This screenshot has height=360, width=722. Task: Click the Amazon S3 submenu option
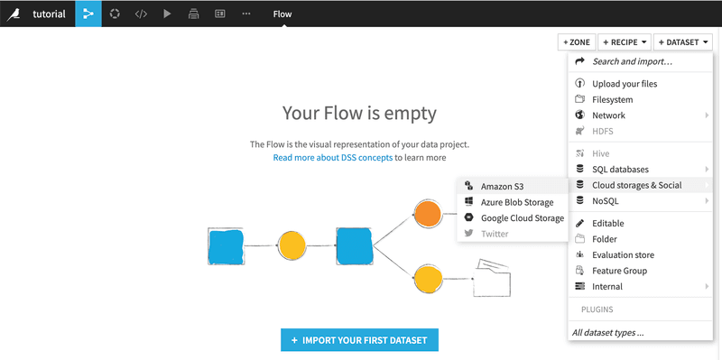(x=502, y=187)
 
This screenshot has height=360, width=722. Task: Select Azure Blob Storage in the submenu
(x=517, y=202)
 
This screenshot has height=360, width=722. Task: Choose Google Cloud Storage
(x=522, y=217)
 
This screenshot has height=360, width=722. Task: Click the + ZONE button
(x=576, y=42)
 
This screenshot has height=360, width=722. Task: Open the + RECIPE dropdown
(x=623, y=42)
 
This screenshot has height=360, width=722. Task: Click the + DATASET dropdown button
(x=682, y=42)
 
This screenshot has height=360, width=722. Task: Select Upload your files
(x=625, y=84)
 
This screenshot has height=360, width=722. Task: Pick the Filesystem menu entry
(x=612, y=99)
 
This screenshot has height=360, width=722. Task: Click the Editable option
(x=607, y=223)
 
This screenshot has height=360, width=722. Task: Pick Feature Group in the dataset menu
(x=619, y=271)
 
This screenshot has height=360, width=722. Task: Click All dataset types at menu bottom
(x=608, y=333)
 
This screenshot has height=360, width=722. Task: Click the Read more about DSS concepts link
(x=332, y=157)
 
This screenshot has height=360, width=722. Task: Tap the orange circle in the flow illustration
(x=427, y=214)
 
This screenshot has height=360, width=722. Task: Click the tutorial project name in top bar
(x=49, y=14)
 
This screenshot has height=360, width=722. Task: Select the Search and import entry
(x=632, y=61)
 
